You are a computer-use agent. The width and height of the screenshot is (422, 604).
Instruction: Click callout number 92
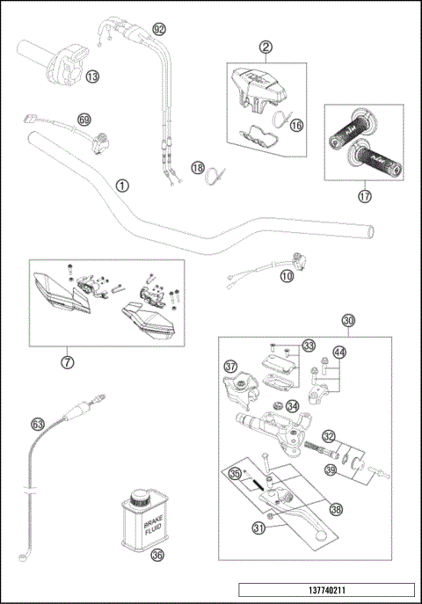pyautogui.click(x=158, y=29)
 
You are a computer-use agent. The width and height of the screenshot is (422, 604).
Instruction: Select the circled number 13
pyautogui.click(x=92, y=76)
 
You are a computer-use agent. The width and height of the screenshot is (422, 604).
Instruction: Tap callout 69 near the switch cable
pyautogui.click(x=84, y=119)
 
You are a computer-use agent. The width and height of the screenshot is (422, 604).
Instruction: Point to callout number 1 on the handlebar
pyautogui.click(x=122, y=186)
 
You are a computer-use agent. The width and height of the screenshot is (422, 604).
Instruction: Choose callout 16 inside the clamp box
pyautogui.click(x=296, y=126)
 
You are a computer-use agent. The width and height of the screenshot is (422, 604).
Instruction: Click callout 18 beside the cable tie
pyautogui.click(x=198, y=167)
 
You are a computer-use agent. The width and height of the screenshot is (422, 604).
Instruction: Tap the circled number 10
pyautogui.click(x=287, y=276)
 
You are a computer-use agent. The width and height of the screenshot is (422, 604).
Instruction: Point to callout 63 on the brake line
pyautogui.click(x=38, y=424)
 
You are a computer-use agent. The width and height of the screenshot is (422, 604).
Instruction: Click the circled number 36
pyautogui.click(x=157, y=555)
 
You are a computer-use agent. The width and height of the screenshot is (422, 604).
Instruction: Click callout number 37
pyautogui.click(x=231, y=366)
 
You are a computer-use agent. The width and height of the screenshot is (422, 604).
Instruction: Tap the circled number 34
pyautogui.click(x=292, y=406)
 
